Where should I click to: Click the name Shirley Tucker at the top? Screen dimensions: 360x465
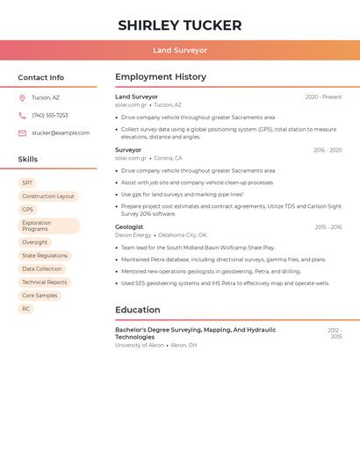tap(180, 25)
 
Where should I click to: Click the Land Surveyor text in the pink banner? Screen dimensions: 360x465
tap(180, 50)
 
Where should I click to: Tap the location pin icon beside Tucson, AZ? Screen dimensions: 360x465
tap(22, 97)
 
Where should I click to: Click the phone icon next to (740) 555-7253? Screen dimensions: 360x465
tap(22, 115)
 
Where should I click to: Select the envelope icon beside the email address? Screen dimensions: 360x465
tap(22, 132)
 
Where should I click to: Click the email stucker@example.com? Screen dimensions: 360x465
tap(61, 132)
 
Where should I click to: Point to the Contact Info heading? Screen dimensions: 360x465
tap(41, 77)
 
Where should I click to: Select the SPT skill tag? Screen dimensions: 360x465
tap(27, 182)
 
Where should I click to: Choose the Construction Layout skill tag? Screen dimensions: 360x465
tap(48, 197)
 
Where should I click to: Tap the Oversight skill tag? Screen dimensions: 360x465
tap(35, 242)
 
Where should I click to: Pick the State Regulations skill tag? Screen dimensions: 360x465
tap(45, 255)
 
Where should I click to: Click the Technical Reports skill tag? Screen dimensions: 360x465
tap(45, 283)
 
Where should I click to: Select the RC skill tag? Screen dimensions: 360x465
tap(26, 309)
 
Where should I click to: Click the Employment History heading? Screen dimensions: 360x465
tap(161, 77)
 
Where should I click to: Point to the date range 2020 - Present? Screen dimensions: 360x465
tap(323, 97)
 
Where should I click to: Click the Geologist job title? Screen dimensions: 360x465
tap(129, 227)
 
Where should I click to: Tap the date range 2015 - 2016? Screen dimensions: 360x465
tap(328, 227)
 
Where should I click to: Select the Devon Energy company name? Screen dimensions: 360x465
tap(133, 235)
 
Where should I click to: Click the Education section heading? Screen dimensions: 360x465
tap(138, 310)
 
